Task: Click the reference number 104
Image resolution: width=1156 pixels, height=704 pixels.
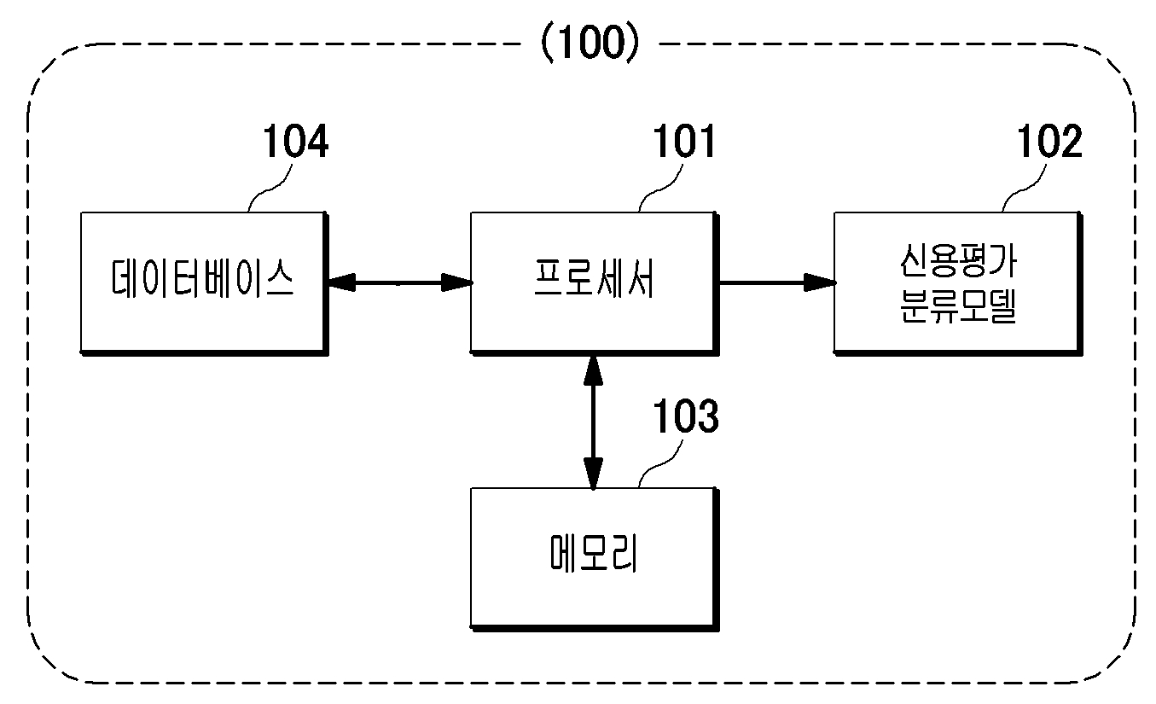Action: click(296, 141)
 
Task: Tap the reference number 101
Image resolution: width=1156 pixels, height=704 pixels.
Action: click(684, 141)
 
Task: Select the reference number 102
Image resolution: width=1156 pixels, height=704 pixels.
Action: click(1049, 141)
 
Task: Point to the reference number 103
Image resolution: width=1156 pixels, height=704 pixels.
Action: click(685, 416)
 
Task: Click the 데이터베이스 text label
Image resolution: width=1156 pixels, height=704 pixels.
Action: click(203, 278)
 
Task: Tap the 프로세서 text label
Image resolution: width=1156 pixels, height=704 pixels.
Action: click(594, 278)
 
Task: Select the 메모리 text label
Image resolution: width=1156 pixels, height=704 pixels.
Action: click(594, 553)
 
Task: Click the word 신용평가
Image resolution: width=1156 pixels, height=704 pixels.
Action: click(958, 260)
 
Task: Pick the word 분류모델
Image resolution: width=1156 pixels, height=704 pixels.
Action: click(958, 306)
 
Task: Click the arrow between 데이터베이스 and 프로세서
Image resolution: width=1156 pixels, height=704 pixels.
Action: click(400, 282)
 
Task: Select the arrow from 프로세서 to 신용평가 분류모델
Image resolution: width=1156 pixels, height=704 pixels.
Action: click(777, 282)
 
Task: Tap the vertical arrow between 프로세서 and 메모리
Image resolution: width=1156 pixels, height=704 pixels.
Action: click(593, 422)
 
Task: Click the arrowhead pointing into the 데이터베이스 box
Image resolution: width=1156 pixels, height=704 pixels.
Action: click(341, 282)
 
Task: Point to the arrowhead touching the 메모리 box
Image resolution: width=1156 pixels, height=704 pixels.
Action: click(593, 474)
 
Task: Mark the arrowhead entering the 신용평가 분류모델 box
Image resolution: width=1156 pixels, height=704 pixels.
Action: click(821, 282)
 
